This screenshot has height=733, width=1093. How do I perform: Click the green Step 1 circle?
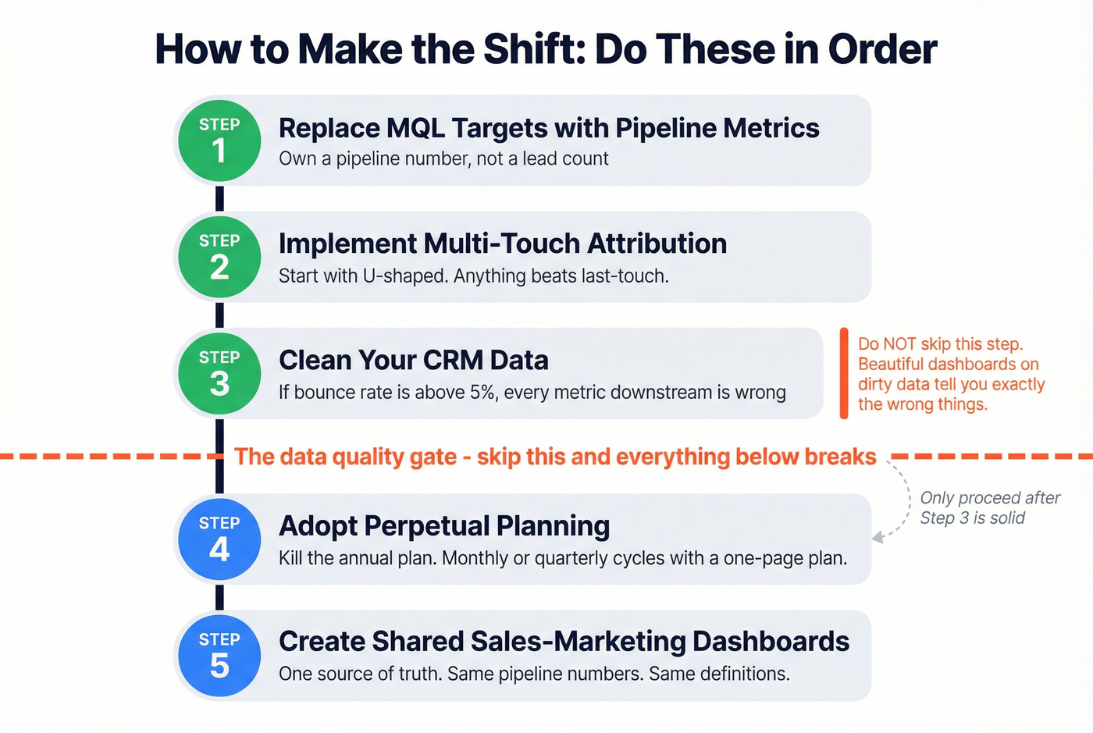pos(219,141)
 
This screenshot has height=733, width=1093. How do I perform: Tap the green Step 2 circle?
pos(219,257)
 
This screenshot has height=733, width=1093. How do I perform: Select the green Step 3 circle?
pos(219,373)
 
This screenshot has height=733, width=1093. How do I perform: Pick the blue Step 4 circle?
pos(219,539)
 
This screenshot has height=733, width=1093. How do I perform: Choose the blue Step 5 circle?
pos(219,656)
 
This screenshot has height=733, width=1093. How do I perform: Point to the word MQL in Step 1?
pos(415,128)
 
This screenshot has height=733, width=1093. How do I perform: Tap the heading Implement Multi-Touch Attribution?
pos(502,244)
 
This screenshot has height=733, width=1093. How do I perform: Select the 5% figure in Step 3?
pos(482,392)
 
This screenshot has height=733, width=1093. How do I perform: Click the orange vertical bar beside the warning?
pos(844,373)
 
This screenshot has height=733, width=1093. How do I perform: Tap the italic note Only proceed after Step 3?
pos(989,507)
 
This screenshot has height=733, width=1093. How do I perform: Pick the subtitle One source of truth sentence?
pos(534,674)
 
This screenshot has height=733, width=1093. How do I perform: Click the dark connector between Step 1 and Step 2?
pos(219,197)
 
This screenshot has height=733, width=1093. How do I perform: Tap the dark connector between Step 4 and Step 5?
pos(219,597)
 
